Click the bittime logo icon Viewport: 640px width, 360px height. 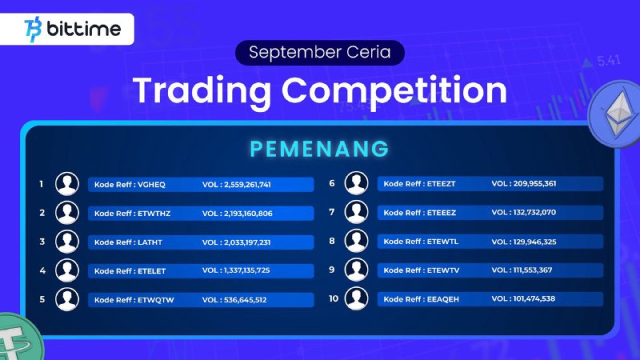(x=33, y=30)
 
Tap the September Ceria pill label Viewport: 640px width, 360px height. (x=319, y=53)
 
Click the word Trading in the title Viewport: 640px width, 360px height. (x=202, y=91)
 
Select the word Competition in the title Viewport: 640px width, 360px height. (x=394, y=91)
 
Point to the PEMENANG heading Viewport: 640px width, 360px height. (x=319, y=149)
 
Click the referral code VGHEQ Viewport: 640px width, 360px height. (x=151, y=185)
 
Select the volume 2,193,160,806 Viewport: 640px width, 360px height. (x=248, y=214)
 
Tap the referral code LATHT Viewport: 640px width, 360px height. (x=150, y=242)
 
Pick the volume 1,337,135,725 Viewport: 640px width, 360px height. (x=247, y=270)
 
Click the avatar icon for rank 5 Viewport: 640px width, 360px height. (x=67, y=299)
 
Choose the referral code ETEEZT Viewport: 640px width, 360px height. (x=442, y=184)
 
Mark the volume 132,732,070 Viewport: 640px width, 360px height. (x=534, y=212)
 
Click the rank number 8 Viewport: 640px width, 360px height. (x=332, y=242)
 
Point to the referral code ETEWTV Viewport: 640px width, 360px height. (x=443, y=270)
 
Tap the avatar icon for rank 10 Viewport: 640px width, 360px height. (x=356, y=298)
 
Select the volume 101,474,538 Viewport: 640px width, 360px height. (x=534, y=298)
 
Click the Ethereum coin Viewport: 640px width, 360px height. (x=614, y=114)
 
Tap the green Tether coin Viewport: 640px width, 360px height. (x=18, y=337)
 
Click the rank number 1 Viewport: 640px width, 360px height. (x=42, y=184)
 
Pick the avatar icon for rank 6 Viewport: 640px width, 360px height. (x=356, y=183)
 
